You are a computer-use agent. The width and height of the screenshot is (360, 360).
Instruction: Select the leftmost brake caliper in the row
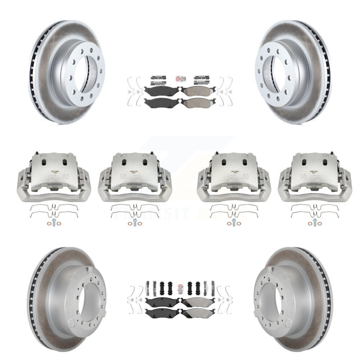tap(54, 176)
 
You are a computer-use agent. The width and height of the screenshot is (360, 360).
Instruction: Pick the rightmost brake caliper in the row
tap(314, 176)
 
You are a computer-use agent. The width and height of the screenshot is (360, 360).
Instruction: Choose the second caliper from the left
tap(135, 176)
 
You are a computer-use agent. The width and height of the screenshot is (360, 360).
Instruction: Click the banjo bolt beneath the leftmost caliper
tap(54, 222)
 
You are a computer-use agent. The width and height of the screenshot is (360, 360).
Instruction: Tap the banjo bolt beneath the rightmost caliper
tap(314, 222)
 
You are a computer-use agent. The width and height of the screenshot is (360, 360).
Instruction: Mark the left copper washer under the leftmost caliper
tap(48, 224)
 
